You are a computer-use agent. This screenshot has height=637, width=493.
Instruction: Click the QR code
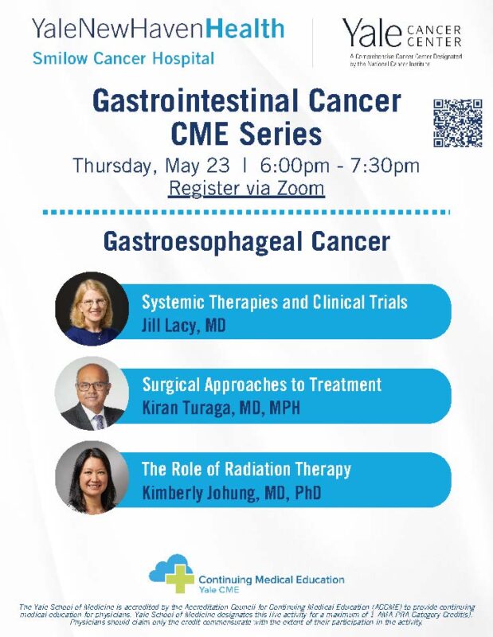[458, 123]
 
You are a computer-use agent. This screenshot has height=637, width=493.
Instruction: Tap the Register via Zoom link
[247, 189]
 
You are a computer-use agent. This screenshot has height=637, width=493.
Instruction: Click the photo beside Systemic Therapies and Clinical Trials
[92, 309]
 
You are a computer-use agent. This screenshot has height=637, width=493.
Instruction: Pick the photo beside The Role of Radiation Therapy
[92, 478]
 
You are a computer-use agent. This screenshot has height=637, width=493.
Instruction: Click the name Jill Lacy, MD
[183, 325]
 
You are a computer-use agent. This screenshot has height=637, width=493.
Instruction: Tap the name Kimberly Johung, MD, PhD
[231, 493]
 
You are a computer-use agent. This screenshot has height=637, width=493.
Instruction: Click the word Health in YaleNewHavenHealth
[245, 29]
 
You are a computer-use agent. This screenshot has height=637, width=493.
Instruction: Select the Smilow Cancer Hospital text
[123, 58]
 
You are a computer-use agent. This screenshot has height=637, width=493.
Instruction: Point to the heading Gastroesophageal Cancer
[247, 241]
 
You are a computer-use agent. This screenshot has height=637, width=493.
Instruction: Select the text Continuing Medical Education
[271, 580]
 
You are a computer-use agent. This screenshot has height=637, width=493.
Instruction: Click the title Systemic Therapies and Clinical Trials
[274, 303]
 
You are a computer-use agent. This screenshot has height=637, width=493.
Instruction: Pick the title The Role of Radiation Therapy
[246, 470]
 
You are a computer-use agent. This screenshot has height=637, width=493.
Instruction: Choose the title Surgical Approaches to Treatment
[261, 385]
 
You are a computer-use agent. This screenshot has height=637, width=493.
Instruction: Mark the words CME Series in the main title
[247, 132]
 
